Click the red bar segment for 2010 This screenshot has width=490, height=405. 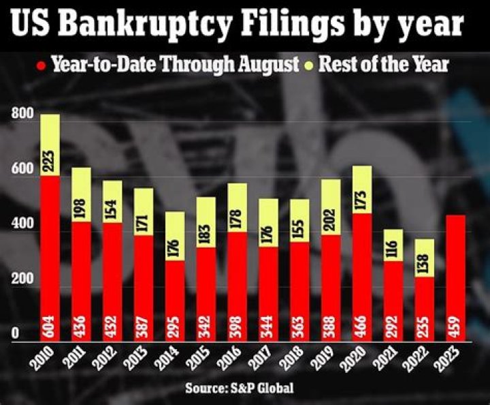point(50,259)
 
